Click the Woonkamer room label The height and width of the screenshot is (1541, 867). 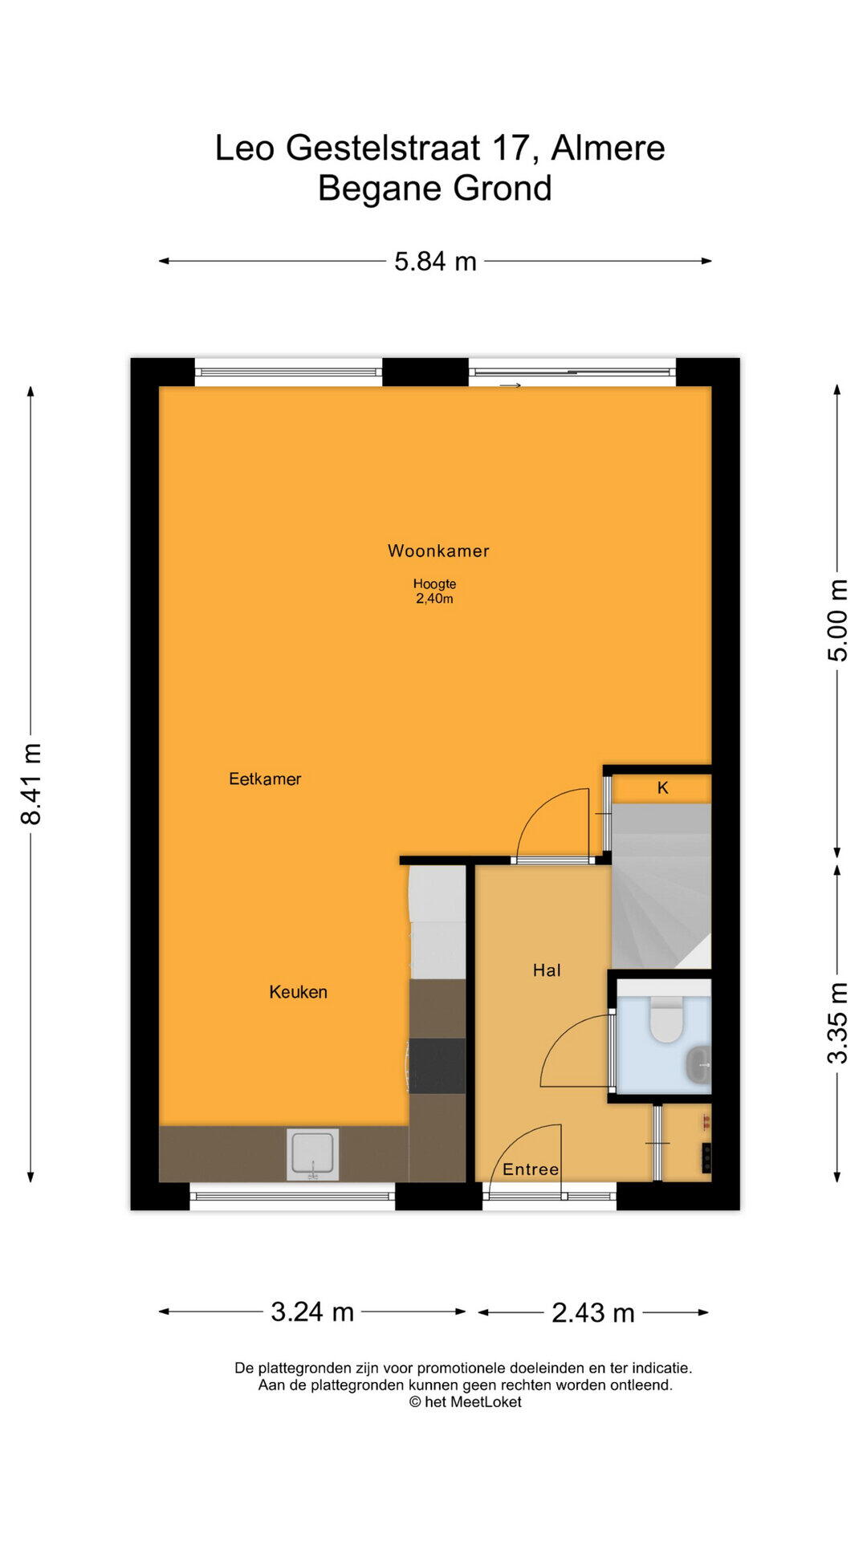tap(438, 551)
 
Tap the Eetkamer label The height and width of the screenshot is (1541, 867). tap(265, 779)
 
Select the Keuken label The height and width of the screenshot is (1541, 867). tap(298, 992)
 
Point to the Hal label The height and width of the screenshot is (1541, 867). tap(547, 970)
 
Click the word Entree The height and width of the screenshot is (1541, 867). tap(531, 1169)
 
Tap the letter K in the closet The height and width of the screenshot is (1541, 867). tap(663, 788)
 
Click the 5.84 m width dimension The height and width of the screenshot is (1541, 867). tap(435, 262)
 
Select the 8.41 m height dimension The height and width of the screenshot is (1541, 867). tap(31, 783)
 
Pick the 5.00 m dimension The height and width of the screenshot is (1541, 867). tap(837, 620)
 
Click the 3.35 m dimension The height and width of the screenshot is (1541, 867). tap(837, 1023)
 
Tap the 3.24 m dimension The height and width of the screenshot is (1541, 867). tap(312, 1311)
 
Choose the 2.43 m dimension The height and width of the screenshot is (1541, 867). tap(593, 1312)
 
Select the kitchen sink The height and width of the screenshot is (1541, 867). tap(313, 1154)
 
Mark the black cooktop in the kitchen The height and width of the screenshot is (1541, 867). tap(438, 1066)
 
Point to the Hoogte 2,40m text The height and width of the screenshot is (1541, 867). tap(434, 592)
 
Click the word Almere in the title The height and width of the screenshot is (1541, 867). tap(608, 148)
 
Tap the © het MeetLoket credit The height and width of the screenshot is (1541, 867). tap(466, 1402)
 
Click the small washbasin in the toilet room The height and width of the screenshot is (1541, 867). tap(699, 1065)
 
